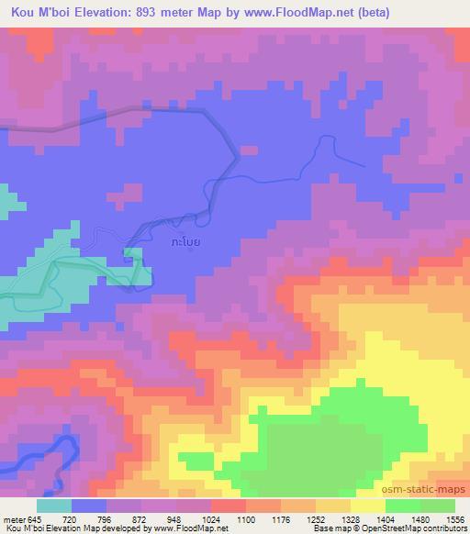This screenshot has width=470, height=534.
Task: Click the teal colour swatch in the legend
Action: click(54, 506)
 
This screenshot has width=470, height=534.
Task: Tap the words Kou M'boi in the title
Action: click(33, 13)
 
